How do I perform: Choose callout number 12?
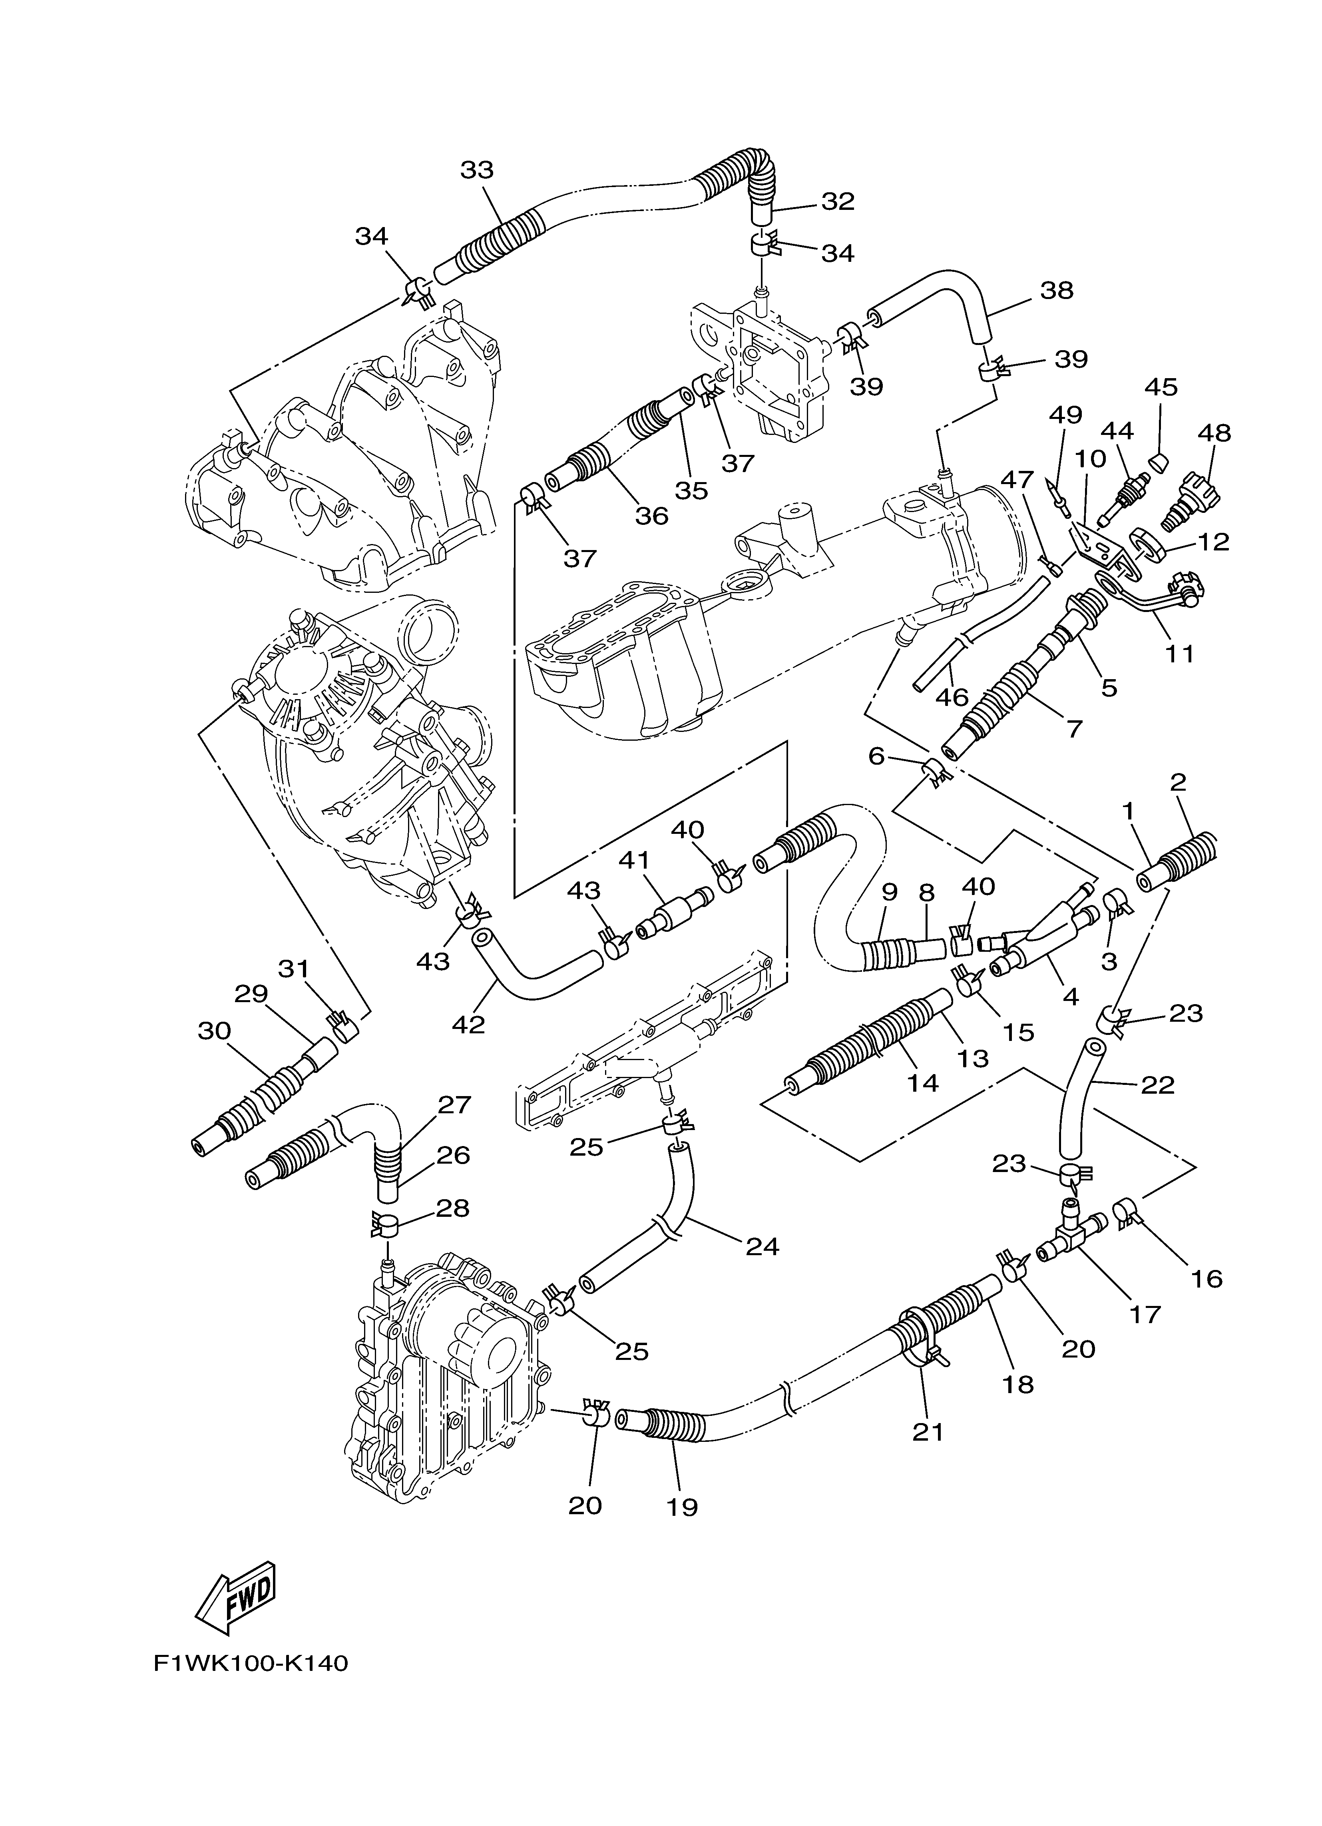[1213, 542]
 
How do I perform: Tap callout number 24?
[762, 1246]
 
